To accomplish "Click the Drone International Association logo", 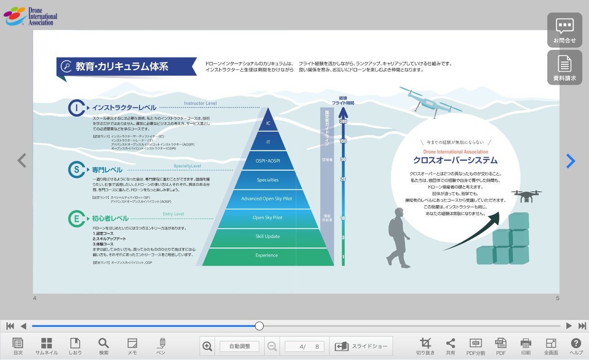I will [30, 16].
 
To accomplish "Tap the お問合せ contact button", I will [565, 30].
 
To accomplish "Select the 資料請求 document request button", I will [565, 68].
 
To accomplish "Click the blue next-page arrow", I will [570, 161].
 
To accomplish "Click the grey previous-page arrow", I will [22, 160].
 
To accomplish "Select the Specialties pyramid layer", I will [268, 180].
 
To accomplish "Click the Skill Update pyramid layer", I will [267, 237].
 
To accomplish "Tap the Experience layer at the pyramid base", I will [267, 256].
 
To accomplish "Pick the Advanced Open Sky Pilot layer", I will [267, 199].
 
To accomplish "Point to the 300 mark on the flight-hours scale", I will [343, 122].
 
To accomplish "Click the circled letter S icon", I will [77, 170].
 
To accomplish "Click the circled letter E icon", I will [77, 219].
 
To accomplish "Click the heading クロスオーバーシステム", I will [455, 161].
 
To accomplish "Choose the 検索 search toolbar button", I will [104, 346].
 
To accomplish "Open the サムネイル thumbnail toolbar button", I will [47, 346].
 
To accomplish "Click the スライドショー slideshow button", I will [361, 346].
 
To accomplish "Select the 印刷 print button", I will [526, 346].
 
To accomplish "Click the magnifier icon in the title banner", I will [67, 67].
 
